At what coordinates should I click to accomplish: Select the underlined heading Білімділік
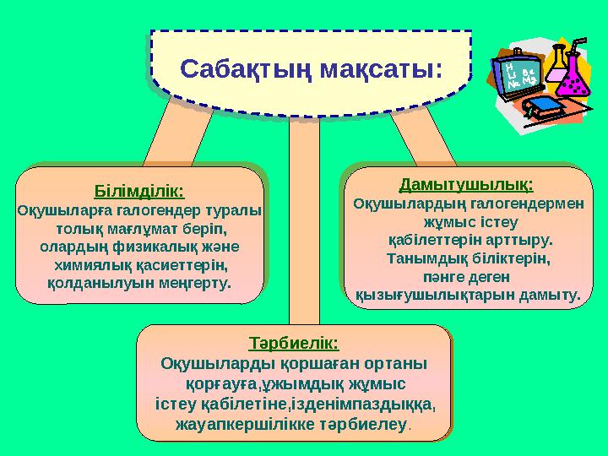(139, 191)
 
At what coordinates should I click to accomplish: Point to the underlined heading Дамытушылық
(466, 183)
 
